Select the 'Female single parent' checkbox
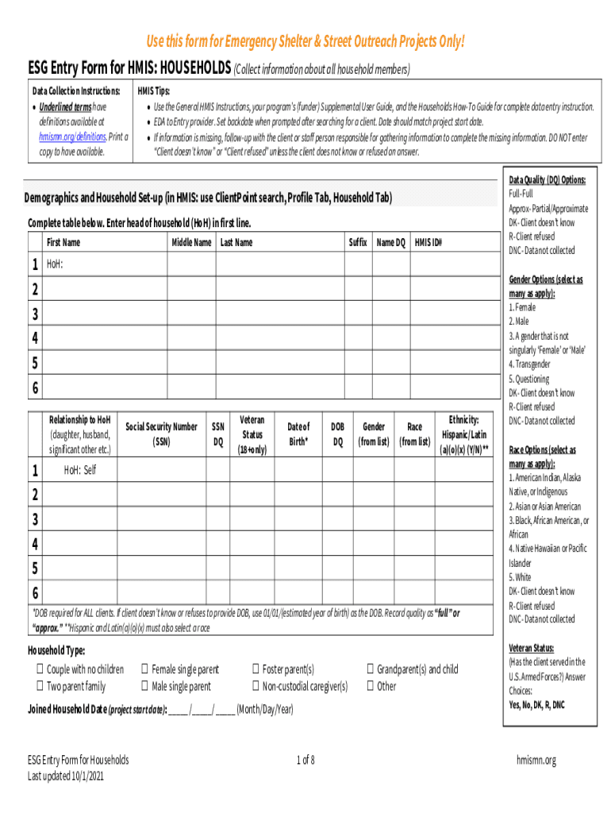144,670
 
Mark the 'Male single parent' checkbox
144,687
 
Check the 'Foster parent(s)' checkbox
256,670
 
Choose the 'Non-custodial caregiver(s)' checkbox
256,687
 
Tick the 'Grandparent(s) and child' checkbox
370,670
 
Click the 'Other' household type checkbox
370,687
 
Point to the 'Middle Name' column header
191,242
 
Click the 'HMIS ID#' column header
428,242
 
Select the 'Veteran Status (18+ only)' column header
252,434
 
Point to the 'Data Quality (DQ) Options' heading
548,180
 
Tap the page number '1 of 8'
305,761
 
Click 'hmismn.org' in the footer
536,761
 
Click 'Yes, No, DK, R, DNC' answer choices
536,705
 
